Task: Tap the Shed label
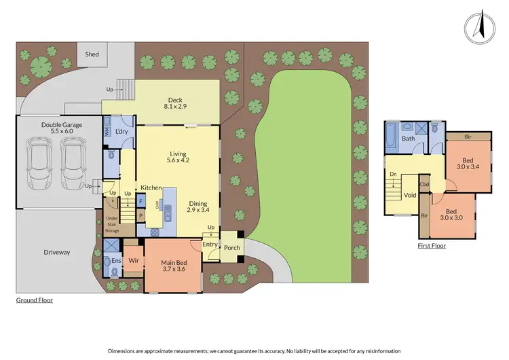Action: click(x=92, y=54)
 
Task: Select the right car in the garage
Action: click(x=73, y=164)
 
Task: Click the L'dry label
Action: click(x=122, y=131)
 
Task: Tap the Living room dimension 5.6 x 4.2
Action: click(x=178, y=160)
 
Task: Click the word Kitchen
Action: click(x=151, y=187)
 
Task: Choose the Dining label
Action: click(x=198, y=203)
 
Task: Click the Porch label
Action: click(x=232, y=248)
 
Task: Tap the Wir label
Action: click(x=134, y=259)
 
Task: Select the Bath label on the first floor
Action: click(x=408, y=139)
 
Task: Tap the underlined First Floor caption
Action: click(x=432, y=246)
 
